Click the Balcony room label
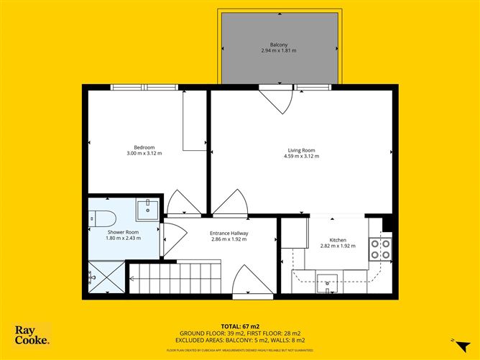coord(279,44)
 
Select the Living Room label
coord(300,150)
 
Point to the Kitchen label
coord(338,240)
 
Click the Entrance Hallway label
coord(229,233)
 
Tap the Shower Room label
coord(123,232)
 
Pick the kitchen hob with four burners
coord(380,249)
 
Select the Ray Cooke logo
coord(32,334)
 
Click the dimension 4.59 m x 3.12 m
coord(300,156)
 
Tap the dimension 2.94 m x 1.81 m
coord(279,50)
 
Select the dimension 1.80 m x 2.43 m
coord(123,238)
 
